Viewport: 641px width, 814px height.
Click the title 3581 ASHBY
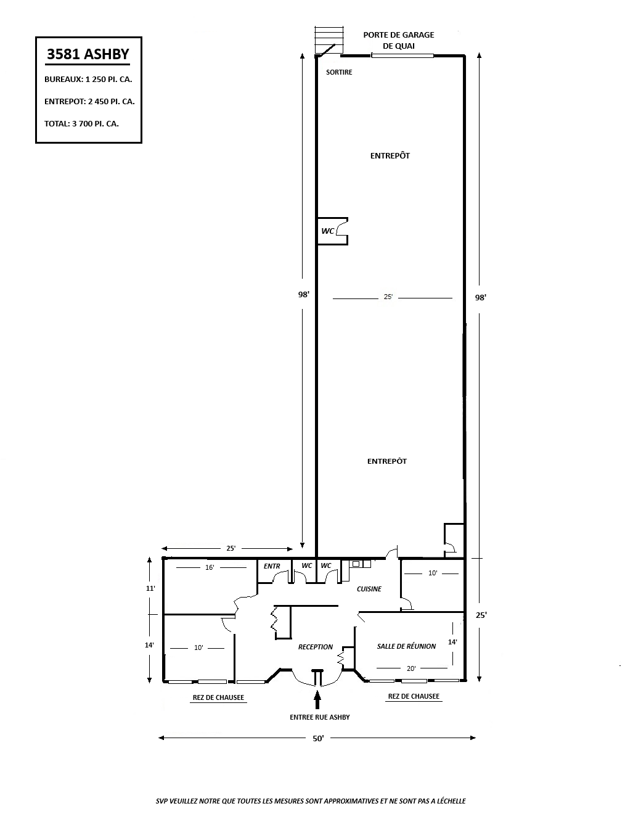click(88, 54)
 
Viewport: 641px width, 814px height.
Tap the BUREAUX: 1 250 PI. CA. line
click(88, 80)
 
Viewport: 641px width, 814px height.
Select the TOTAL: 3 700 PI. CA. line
click(81, 124)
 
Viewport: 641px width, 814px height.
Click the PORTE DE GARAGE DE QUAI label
click(399, 41)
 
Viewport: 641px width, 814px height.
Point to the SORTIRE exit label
click(339, 72)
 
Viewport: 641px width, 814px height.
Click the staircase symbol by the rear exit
click(329, 39)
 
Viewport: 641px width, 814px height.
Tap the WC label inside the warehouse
click(327, 231)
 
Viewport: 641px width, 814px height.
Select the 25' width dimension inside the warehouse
click(388, 297)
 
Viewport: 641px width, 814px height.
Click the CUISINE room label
click(369, 589)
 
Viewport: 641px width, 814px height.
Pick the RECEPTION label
click(316, 647)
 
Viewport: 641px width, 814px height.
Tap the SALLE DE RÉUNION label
click(406, 646)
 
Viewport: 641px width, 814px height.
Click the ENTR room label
click(272, 566)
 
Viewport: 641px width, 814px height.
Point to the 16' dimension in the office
click(210, 567)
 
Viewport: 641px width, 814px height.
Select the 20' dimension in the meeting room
click(411, 668)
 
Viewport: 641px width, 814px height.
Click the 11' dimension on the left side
click(150, 588)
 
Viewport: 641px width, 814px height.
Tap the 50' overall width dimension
click(318, 738)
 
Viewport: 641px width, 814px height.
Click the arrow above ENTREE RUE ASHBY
click(317, 699)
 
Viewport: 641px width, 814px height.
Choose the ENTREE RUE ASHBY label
click(319, 717)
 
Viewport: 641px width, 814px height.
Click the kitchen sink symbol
click(356, 564)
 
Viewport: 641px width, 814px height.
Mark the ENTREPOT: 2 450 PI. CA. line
click(89, 101)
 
